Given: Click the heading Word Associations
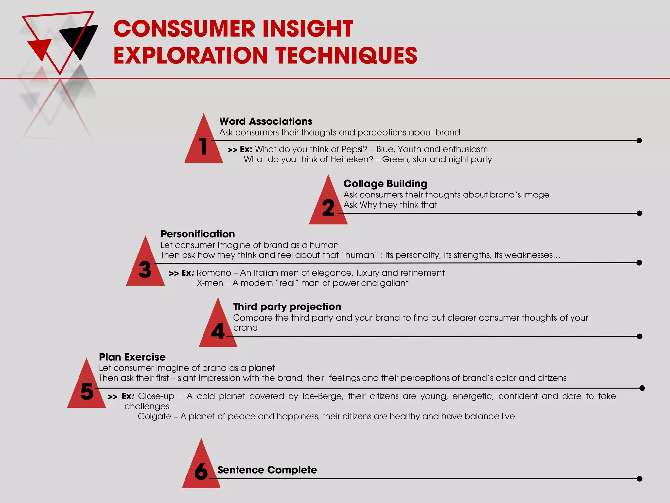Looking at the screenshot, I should click(x=266, y=121).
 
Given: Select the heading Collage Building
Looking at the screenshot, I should click(x=385, y=184).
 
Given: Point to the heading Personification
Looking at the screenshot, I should click(x=197, y=234).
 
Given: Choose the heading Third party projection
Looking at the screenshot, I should click(x=287, y=307).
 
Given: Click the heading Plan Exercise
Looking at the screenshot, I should click(x=132, y=357).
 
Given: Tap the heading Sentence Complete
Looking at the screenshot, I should click(x=267, y=470).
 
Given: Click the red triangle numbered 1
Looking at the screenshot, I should click(x=203, y=144).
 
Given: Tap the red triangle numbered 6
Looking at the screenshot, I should click(x=201, y=469).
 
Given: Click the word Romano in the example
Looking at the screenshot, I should click(x=214, y=273).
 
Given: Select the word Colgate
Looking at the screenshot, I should click(x=154, y=416).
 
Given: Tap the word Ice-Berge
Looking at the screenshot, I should click(x=323, y=396).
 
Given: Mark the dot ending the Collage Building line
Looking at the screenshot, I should click(x=640, y=213).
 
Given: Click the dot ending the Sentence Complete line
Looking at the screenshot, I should click(x=640, y=479).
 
